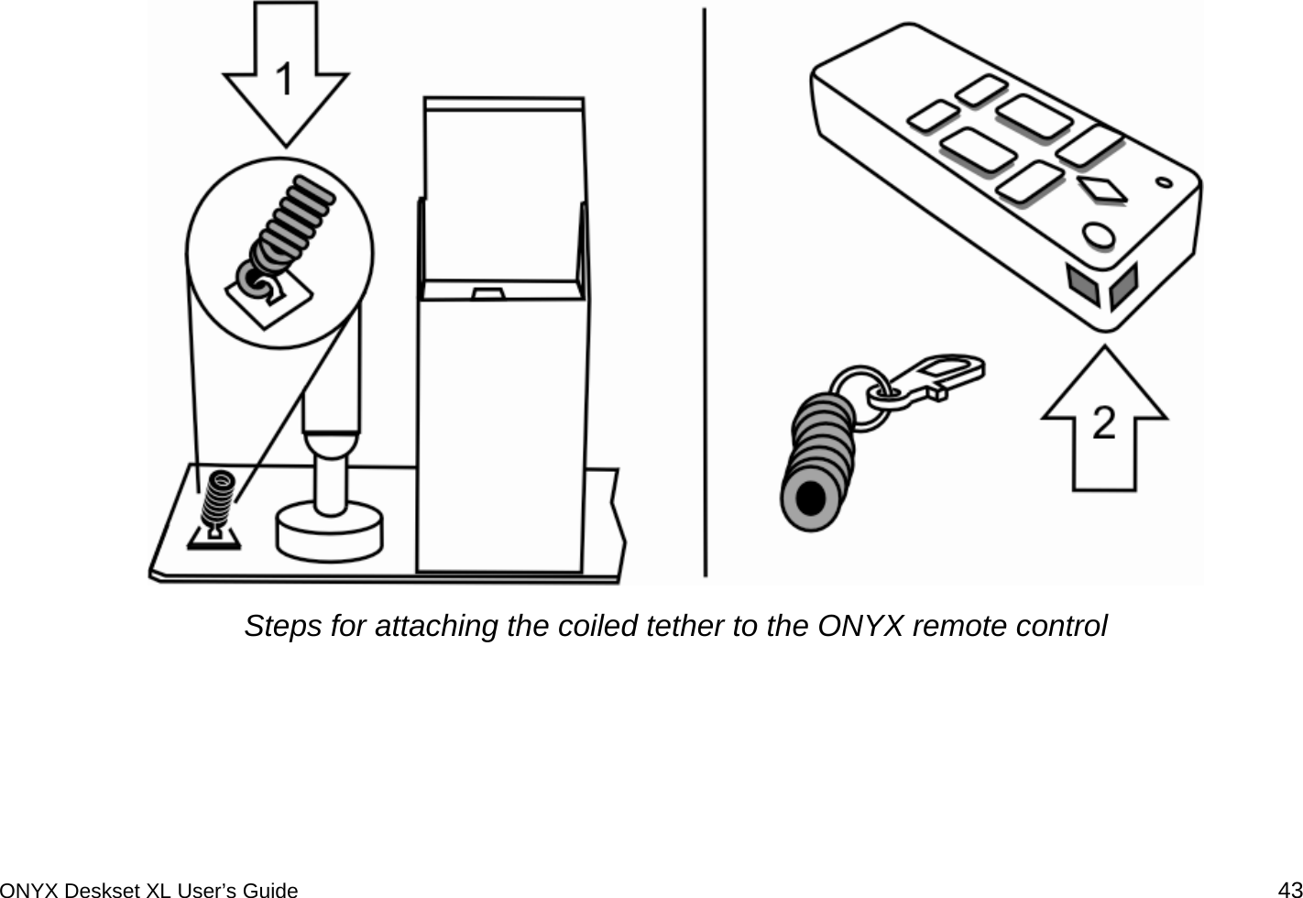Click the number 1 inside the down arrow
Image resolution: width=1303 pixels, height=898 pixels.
(286, 80)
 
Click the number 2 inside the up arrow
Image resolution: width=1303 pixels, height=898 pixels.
(1104, 424)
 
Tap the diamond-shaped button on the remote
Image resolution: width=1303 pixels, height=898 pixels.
(1102, 189)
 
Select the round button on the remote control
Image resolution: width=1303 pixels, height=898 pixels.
(1096, 234)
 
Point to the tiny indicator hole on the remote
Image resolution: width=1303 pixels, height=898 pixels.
(1165, 181)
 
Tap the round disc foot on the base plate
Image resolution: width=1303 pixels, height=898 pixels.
(329, 531)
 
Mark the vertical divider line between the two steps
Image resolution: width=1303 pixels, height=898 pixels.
(705, 293)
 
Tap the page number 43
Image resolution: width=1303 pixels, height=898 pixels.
(1290, 888)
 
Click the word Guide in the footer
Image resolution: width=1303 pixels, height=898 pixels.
(270, 889)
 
